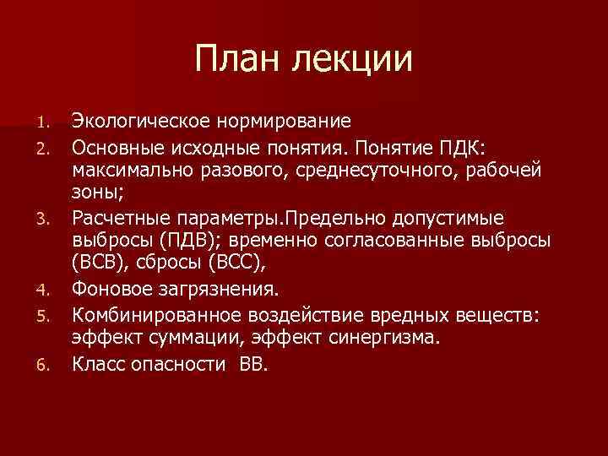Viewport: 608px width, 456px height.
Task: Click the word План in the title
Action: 238,59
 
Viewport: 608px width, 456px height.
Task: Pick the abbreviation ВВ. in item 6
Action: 253,365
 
